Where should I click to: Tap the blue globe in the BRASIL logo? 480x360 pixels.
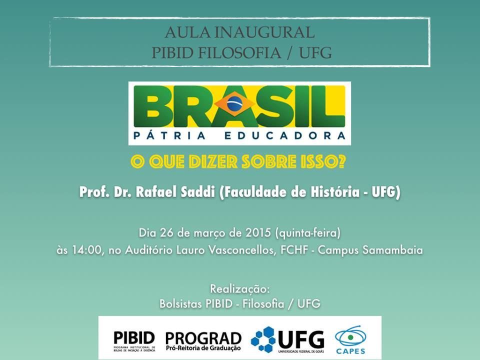point(235,103)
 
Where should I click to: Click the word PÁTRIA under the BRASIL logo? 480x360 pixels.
point(169,135)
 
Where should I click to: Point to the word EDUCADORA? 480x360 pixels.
point(285,135)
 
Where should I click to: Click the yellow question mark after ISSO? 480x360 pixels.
point(341,161)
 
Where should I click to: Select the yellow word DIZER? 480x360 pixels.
point(213,161)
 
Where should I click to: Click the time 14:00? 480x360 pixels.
point(86,250)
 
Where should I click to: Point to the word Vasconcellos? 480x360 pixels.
point(243,250)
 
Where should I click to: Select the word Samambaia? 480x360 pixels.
point(393,250)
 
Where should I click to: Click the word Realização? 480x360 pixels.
point(239,289)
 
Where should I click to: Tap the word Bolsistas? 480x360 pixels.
point(180,304)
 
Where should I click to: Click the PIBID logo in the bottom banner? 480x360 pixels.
point(134,340)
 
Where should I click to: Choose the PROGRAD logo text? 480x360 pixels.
point(203,341)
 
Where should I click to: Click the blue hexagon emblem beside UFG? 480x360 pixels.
point(263,339)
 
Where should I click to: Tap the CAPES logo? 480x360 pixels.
point(350,340)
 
